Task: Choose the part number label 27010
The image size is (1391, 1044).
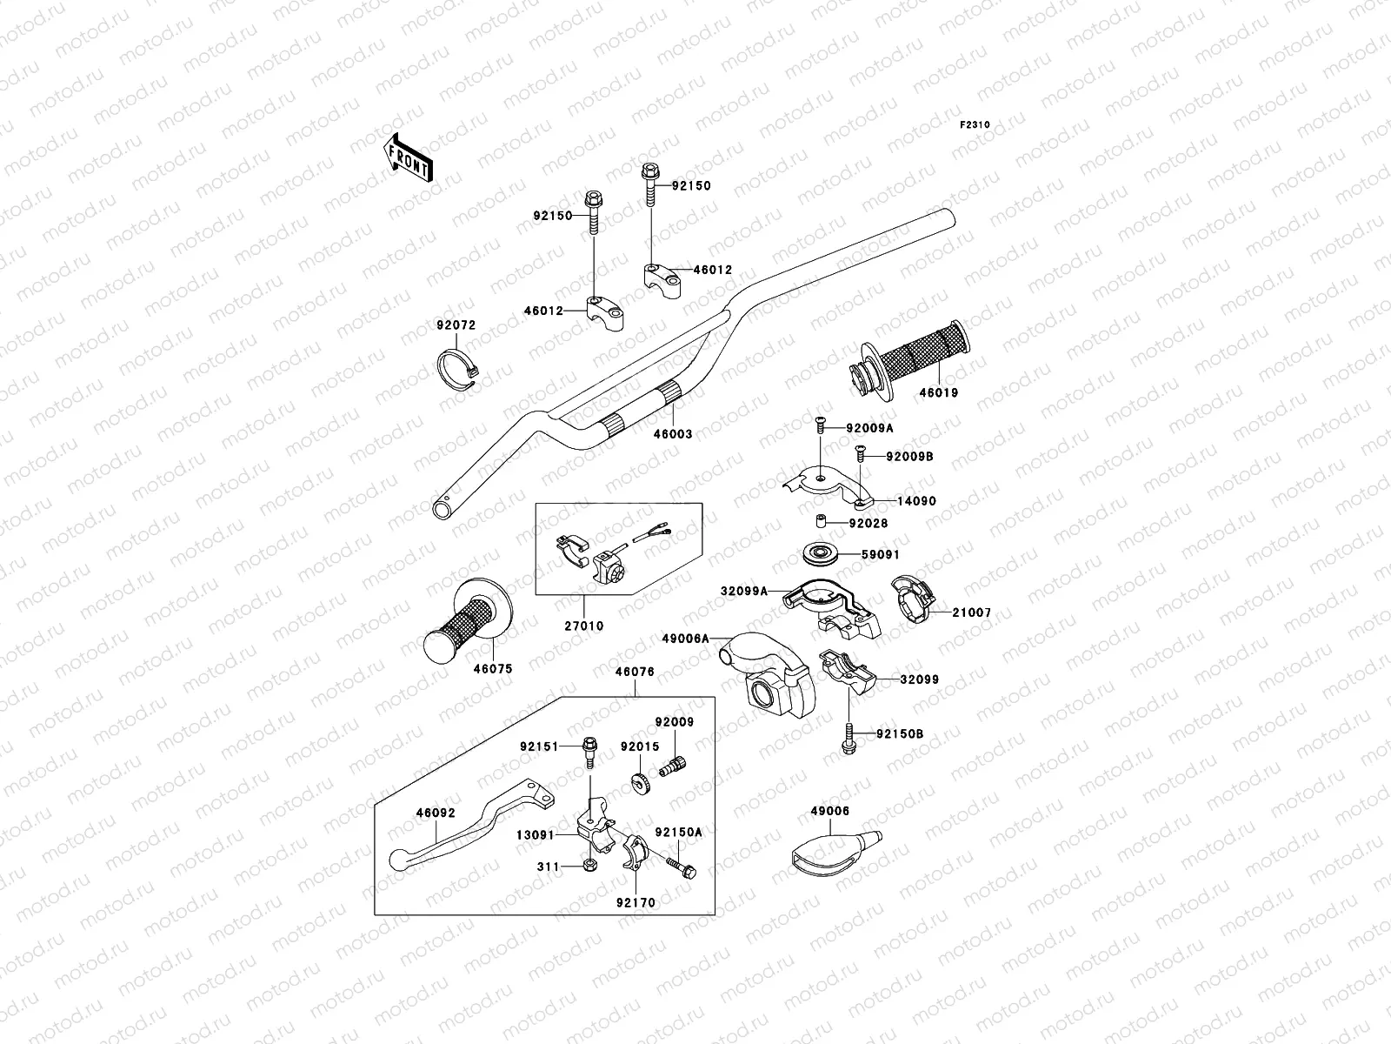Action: (582, 626)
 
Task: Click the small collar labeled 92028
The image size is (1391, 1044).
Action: (819, 523)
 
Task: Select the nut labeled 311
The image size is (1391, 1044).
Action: (589, 866)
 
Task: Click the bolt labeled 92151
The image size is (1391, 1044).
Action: (589, 749)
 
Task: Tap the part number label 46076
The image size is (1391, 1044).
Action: (635, 672)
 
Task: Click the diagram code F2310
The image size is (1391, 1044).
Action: (975, 125)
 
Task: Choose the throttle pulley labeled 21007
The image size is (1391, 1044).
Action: (915, 600)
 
